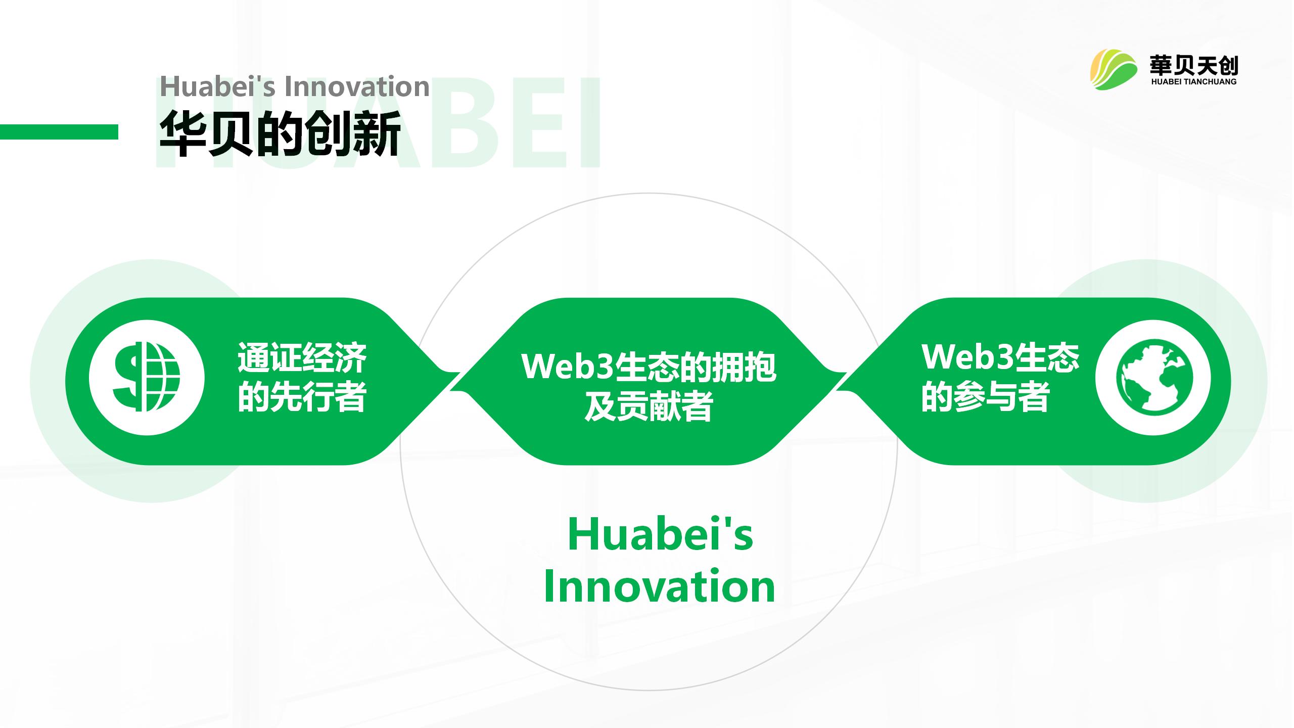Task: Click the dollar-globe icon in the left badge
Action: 147,377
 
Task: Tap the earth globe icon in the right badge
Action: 1153,377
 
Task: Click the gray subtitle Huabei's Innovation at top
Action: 295,86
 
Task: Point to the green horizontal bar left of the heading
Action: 59,132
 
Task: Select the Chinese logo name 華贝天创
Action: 1193,65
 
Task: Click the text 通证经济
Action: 302,358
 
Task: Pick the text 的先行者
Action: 302,397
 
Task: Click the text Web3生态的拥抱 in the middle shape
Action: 649,367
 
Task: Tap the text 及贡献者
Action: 649,406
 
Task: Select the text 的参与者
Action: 985,397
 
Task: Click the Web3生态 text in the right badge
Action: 1000,357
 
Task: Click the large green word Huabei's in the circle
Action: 660,534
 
